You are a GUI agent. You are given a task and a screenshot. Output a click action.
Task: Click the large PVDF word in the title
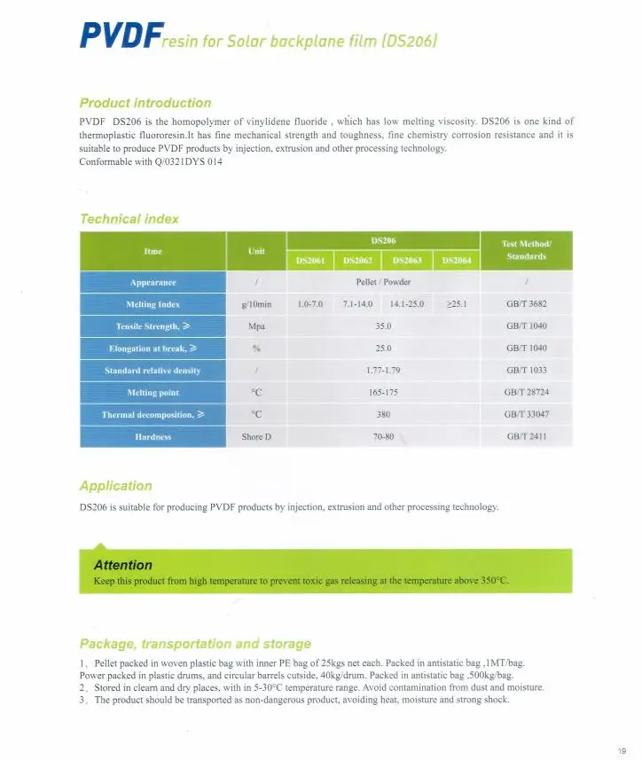tap(120, 36)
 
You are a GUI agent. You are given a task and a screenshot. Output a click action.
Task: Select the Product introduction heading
tap(145, 103)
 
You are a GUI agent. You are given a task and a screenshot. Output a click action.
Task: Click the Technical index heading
tap(129, 219)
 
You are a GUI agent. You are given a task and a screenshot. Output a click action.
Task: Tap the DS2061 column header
tap(309, 261)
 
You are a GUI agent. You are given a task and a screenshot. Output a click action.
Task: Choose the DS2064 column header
tap(457, 261)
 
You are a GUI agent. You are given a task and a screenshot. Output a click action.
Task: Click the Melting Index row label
tap(153, 304)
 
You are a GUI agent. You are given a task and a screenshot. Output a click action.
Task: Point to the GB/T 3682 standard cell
tap(526, 304)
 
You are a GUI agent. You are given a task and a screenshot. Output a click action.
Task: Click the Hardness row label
tap(153, 437)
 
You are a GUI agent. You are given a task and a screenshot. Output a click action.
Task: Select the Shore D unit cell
tap(256, 437)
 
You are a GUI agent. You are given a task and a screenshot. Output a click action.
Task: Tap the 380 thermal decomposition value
tap(383, 414)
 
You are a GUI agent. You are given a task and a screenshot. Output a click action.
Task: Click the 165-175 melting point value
tap(383, 392)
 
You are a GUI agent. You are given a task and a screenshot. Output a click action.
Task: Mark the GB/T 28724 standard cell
tap(526, 392)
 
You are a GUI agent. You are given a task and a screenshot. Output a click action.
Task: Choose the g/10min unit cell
tap(256, 304)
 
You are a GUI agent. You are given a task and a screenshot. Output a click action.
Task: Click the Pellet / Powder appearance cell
tap(383, 282)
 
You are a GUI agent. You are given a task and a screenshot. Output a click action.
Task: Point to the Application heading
tap(115, 486)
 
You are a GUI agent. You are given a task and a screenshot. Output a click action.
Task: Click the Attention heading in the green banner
tap(122, 565)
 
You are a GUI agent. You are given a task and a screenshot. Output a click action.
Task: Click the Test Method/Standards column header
tap(526, 250)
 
